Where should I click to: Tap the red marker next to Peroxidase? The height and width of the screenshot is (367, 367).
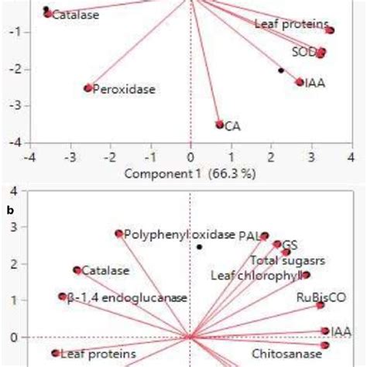[88, 88]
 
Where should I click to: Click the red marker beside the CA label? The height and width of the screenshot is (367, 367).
[220, 124]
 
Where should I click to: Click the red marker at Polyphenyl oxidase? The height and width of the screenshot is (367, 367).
[119, 233]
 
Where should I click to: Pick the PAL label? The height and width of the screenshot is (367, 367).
[248, 236]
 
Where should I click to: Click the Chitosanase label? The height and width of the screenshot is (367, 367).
[284, 354]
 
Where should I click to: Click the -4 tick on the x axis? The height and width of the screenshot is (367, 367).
[29, 158]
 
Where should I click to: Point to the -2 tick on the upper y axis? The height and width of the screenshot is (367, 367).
[14, 70]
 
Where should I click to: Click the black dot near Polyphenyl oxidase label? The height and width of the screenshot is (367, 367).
[199, 247]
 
